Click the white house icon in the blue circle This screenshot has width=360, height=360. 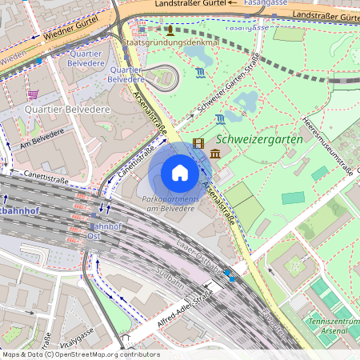click(x=180, y=173)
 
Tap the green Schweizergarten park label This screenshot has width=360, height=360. click(x=266, y=138)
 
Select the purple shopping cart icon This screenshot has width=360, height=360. click(x=33, y=94)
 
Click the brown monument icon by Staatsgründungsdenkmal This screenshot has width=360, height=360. click(x=147, y=30)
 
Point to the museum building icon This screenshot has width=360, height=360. click(x=216, y=154)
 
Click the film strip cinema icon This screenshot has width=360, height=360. click(x=198, y=145)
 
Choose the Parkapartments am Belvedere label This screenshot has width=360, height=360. click(x=170, y=203)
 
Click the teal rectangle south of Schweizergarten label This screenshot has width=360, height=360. click(x=293, y=198)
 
